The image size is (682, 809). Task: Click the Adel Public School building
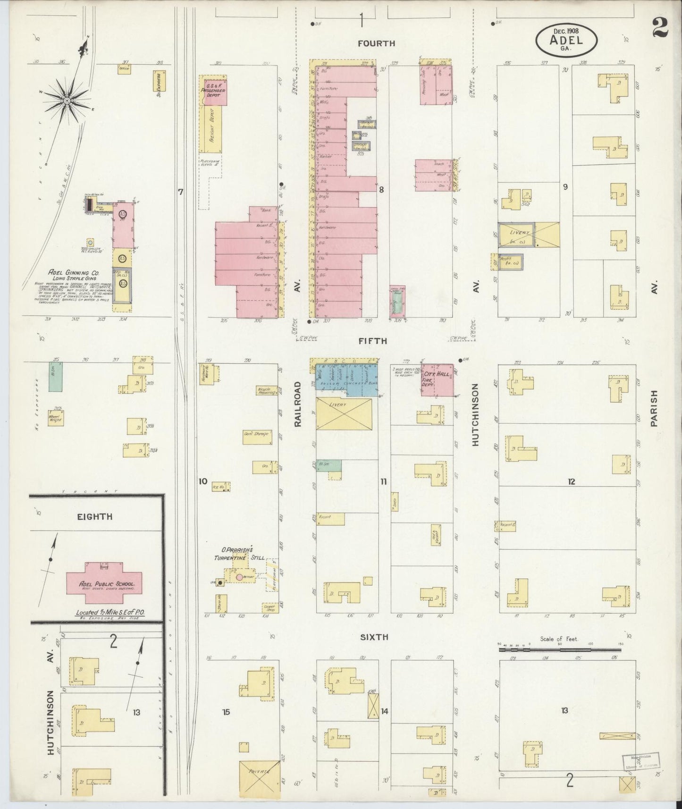(x=104, y=582)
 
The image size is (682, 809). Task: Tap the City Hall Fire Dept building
(x=438, y=379)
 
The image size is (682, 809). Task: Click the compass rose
(x=67, y=100)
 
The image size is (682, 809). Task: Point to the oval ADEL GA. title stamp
(x=566, y=40)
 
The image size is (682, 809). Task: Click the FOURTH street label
(x=376, y=43)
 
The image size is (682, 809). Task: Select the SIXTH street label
(x=374, y=637)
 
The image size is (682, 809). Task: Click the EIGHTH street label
(x=95, y=516)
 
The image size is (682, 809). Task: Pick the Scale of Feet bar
(x=560, y=649)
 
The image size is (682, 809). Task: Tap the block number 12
(x=572, y=482)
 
